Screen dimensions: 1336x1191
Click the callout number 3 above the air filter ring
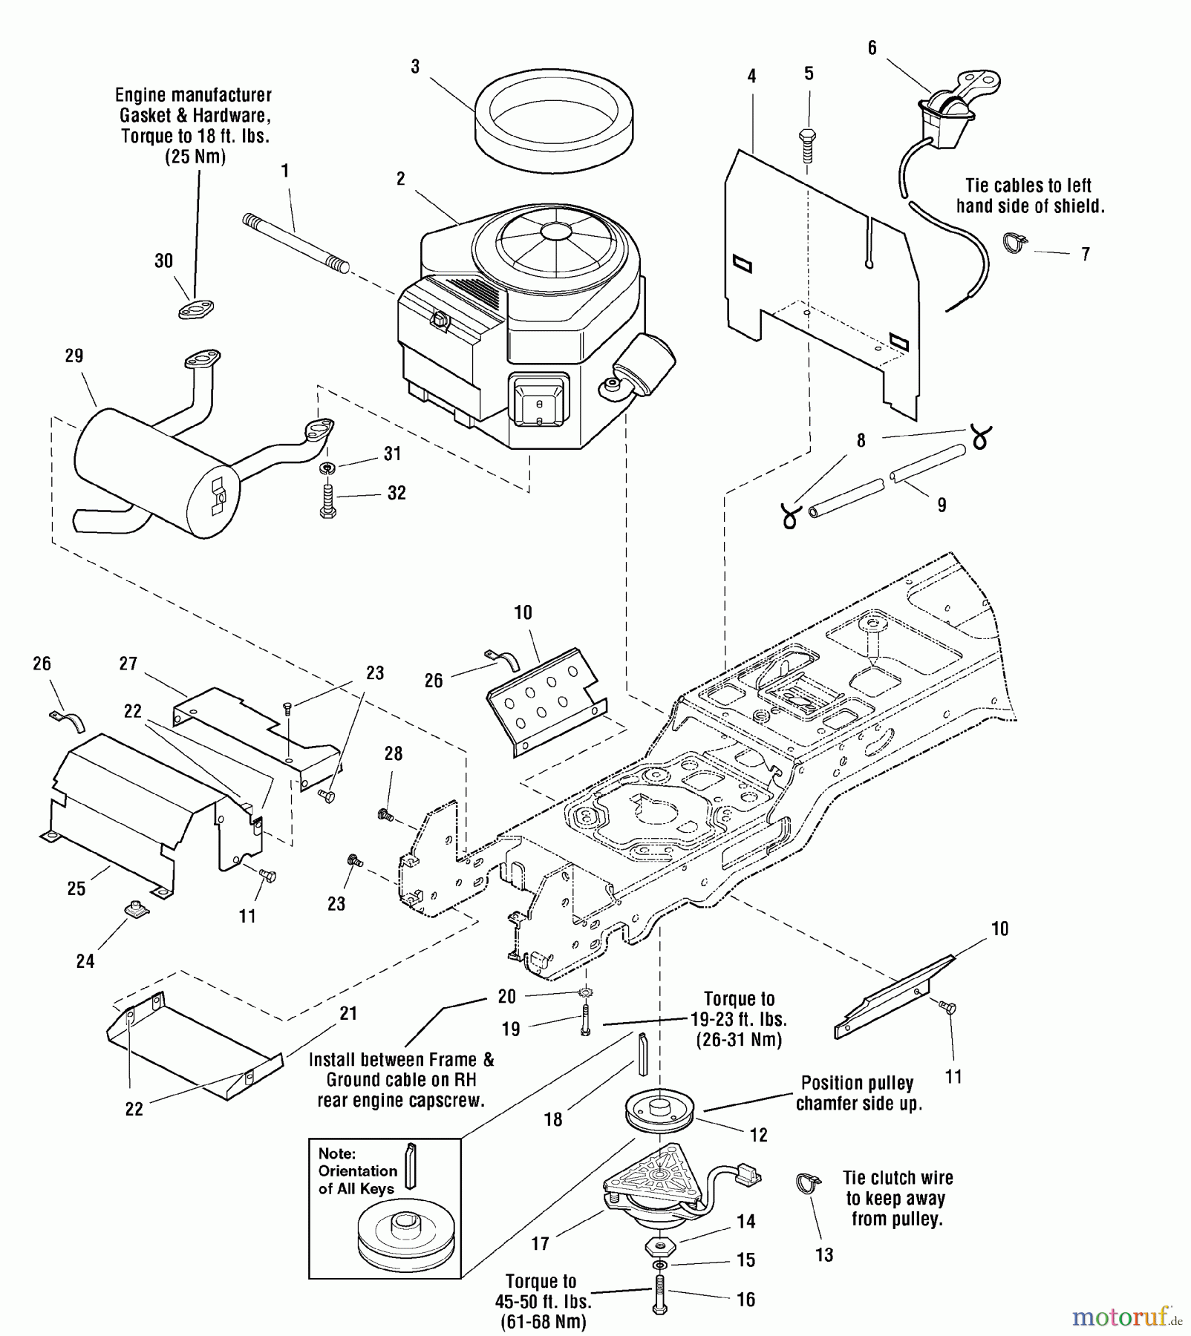(415, 67)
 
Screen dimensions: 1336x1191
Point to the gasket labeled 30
(196, 309)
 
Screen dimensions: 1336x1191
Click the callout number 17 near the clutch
(541, 1243)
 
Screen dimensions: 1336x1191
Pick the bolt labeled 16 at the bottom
(659, 1296)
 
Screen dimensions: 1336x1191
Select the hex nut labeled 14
(659, 1242)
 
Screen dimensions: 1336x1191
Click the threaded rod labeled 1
(296, 242)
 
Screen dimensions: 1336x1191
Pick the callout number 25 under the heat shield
(76, 888)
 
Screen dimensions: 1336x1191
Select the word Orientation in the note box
(357, 1170)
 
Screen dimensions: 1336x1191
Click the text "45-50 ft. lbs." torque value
(543, 1302)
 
